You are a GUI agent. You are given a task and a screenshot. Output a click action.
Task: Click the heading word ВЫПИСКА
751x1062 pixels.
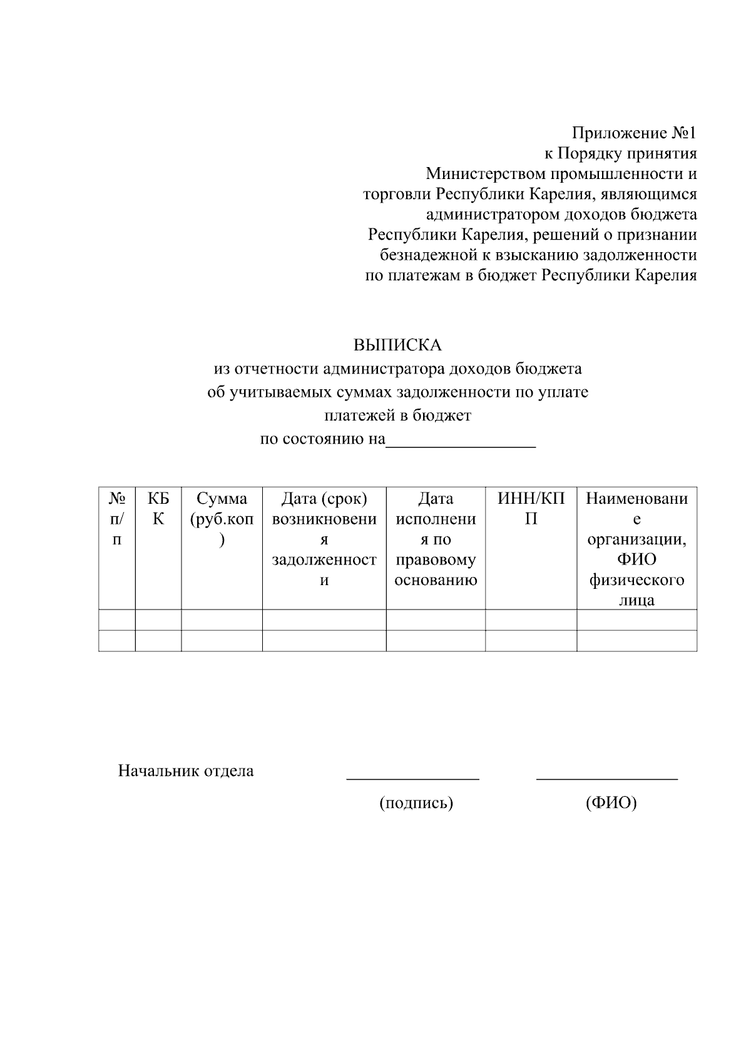(x=397, y=345)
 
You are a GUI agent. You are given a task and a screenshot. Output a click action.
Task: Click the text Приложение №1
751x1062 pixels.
(x=633, y=133)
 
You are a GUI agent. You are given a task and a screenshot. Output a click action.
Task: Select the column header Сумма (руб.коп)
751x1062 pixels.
(x=222, y=519)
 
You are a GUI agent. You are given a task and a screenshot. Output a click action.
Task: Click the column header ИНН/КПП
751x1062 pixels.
(x=531, y=509)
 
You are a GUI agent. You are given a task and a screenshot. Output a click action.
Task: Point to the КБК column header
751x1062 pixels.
(x=158, y=509)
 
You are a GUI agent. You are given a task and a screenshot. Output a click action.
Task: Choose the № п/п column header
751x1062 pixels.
(x=117, y=519)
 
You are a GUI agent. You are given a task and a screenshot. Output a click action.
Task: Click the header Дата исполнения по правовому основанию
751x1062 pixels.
(x=436, y=539)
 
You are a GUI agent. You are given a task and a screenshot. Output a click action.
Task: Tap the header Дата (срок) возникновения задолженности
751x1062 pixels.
(x=324, y=539)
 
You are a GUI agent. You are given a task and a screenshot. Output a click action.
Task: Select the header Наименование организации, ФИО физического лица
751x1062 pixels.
(x=636, y=549)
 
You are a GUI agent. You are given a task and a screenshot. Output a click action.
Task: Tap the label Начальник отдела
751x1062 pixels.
(x=186, y=771)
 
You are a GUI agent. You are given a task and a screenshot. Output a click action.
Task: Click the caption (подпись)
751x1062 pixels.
(x=416, y=803)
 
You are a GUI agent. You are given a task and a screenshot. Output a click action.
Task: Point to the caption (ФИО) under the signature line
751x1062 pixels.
(x=611, y=803)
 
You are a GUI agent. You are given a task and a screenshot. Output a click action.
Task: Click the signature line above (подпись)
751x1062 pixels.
(x=413, y=779)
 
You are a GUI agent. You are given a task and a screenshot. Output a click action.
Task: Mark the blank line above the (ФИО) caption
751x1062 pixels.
(x=606, y=779)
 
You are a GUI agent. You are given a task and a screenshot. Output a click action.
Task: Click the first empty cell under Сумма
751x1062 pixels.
(x=222, y=620)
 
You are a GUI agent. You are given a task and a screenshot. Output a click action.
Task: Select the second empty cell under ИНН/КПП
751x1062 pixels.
(x=531, y=641)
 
